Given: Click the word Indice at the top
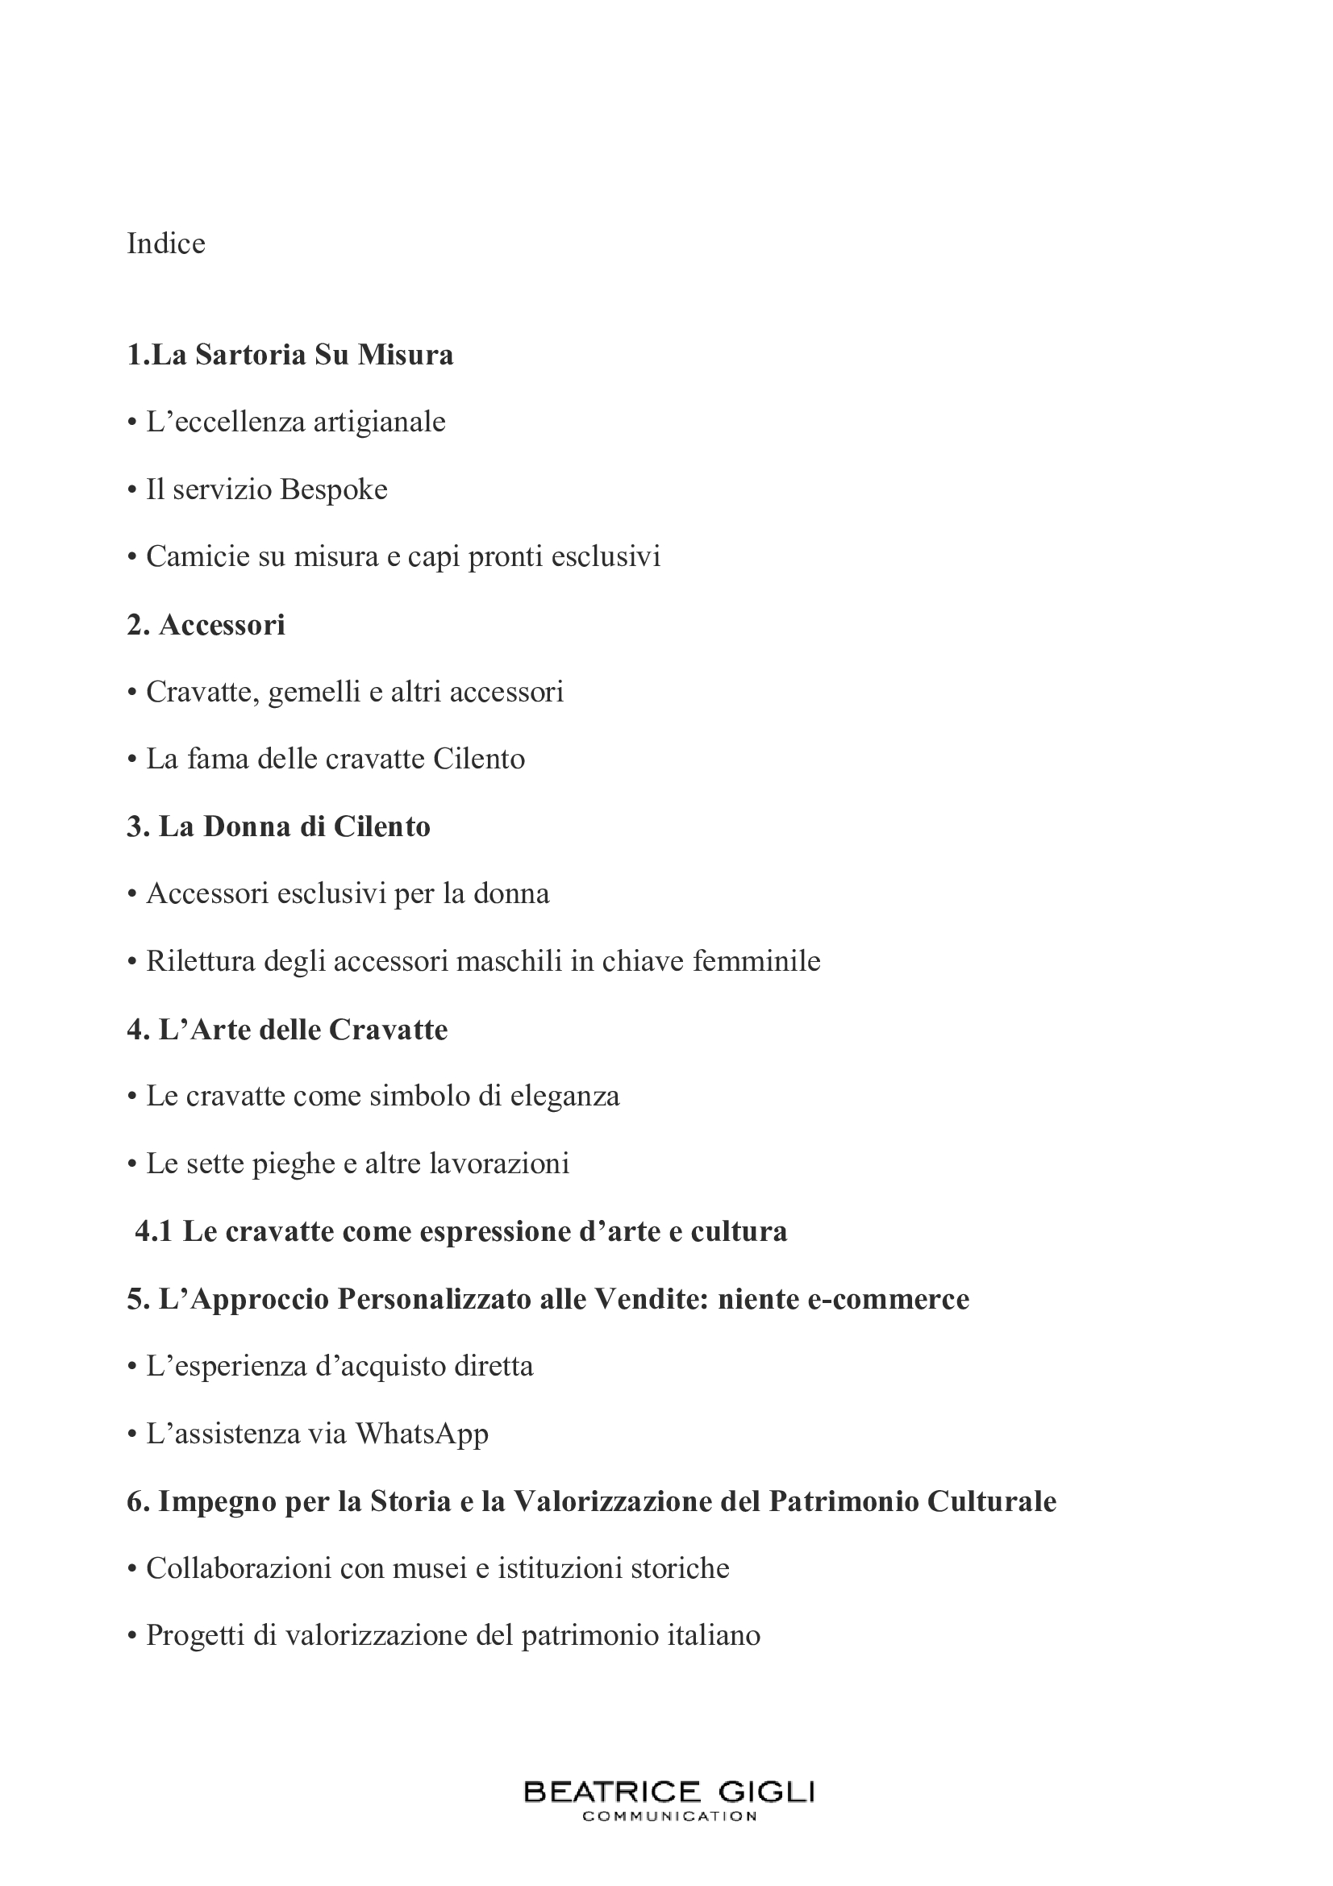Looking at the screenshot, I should tap(166, 244).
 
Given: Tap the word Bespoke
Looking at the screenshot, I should tap(334, 489).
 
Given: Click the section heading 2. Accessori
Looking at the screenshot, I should tap(206, 624).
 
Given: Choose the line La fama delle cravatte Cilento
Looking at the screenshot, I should tap(335, 758).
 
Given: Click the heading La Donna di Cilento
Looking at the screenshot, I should tap(278, 826).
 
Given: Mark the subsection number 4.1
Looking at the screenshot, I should tap(153, 1231).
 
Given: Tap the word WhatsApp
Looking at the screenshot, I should tap(423, 1434).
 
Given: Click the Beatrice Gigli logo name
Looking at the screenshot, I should tap(669, 1792).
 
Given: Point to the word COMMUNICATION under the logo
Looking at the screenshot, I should tap(669, 1816).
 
